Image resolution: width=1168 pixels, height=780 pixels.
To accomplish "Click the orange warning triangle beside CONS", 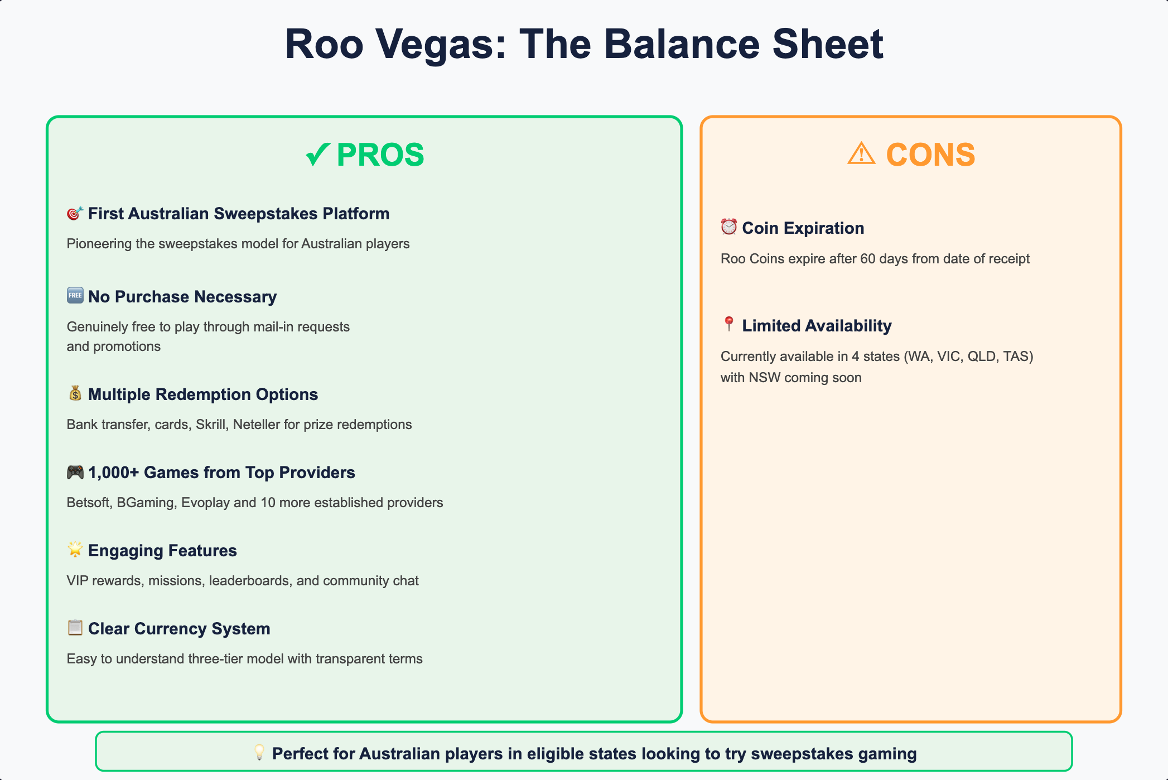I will [x=861, y=153].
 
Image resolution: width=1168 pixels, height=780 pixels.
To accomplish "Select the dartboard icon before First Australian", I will [x=75, y=214].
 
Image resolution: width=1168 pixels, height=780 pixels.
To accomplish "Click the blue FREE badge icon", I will [x=75, y=296].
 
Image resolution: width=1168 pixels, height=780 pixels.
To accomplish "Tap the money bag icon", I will [x=75, y=393].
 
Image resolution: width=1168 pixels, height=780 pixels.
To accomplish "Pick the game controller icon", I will [x=75, y=472].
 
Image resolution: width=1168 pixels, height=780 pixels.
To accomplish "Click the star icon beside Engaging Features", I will [x=75, y=550].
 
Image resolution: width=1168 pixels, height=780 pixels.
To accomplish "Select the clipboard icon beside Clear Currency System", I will [x=75, y=628].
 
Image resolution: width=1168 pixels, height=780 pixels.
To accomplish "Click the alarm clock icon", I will [x=728, y=227].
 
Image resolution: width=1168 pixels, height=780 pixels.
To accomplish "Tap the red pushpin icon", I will [x=728, y=324].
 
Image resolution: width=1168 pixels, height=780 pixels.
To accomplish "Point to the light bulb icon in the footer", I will [x=259, y=752].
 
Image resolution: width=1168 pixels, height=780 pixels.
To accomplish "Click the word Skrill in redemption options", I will [x=211, y=425].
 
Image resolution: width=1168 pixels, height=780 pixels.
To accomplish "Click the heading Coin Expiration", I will [x=803, y=228].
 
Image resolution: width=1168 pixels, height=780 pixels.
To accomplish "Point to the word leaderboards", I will [x=249, y=581].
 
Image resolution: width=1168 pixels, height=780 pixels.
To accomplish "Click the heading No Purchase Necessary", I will [x=182, y=297].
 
